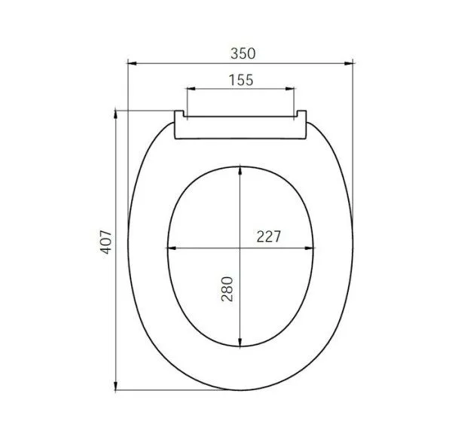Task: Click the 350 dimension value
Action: tap(243, 53)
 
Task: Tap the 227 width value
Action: tap(268, 236)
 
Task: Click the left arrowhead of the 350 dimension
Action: tap(130, 65)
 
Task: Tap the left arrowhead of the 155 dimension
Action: tap(189, 90)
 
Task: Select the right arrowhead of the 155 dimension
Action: tap(292, 90)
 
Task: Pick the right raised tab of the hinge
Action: tap(303, 115)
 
